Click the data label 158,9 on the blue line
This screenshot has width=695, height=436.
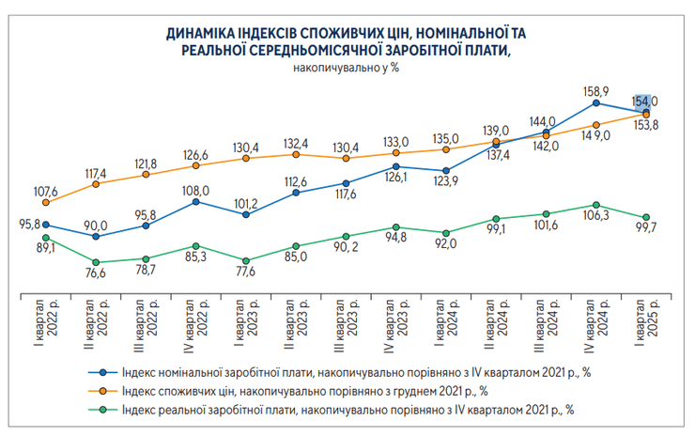(x=597, y=91)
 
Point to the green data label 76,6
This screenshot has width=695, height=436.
(x=96, y=273)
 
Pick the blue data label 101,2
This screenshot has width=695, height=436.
(x=245, y=201)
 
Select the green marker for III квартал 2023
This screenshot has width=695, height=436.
(x=346, y=237)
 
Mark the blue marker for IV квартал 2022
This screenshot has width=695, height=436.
(x=195, y=202)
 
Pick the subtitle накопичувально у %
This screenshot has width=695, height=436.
(x=347, y=70)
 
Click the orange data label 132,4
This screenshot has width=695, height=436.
(x=296, y=143)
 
